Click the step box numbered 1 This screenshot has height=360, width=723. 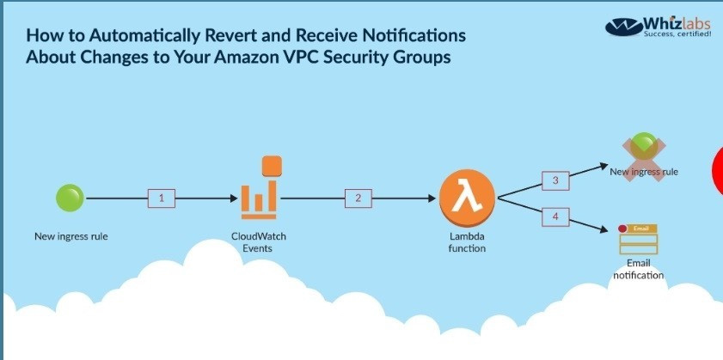tap(162, 198)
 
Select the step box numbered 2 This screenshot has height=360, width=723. tap(358, 198)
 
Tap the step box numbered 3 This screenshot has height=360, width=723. tap(555, 180)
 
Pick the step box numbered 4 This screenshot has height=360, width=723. tap(555, 217)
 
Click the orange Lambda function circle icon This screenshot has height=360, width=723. tap(467, 198)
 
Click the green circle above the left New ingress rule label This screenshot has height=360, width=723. tap(70, 198)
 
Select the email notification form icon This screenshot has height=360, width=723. tap(639, 239)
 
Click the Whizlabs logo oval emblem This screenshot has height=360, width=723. tap(624, 27)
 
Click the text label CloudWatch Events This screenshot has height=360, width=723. tap(258, 242)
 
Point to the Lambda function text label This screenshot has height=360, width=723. tap(467, 242)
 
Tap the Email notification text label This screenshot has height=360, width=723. tap(639, 270)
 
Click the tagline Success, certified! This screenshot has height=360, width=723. tap(677, 34)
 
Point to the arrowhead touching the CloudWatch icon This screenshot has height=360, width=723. tap(234, 198)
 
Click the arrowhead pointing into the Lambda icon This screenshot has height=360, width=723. tap(432, 198)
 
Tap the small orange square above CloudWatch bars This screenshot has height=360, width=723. tap(272, 166)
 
